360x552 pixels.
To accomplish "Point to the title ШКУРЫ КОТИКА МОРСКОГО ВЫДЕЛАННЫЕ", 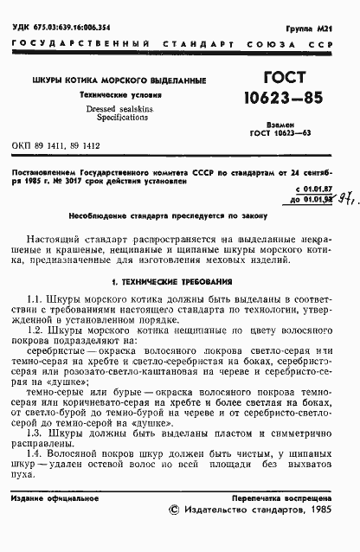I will tap(119, 81).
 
